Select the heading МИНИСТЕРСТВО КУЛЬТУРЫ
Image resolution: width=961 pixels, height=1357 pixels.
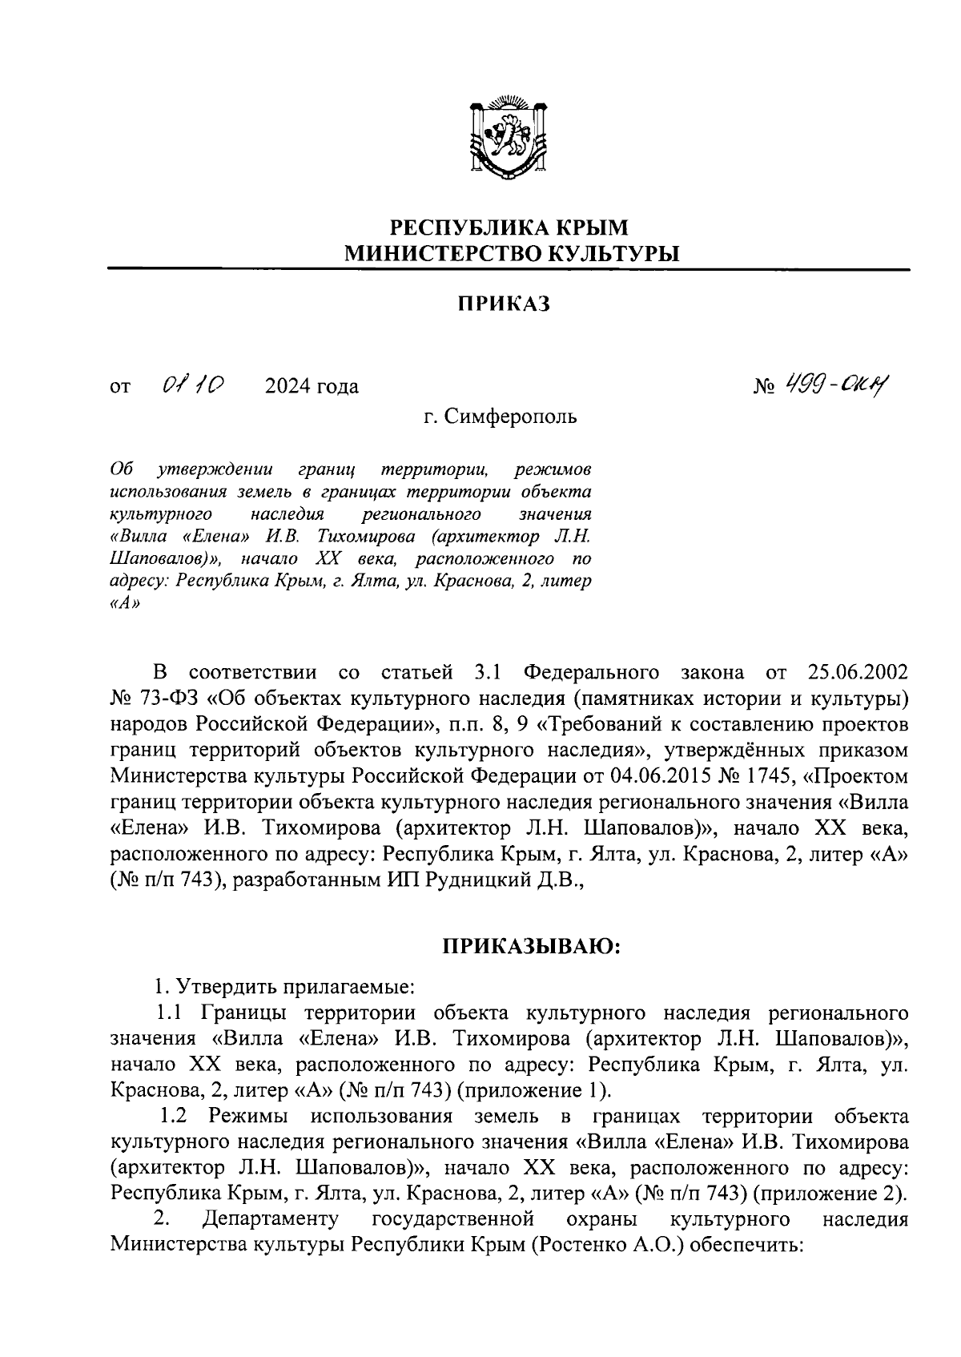pos(510,254)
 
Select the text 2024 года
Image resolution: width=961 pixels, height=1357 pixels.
pos(312,387)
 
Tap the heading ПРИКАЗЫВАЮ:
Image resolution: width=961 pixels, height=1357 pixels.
pos(532,947)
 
